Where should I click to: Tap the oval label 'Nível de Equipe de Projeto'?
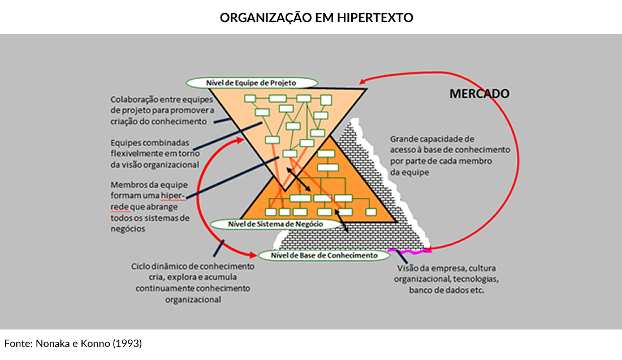pyautogui.click(x=249, y=83)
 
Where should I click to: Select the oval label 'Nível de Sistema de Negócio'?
pyautogui.click(x=275, y=224)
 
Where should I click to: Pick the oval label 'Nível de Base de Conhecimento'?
pyautogui.click(x=324, y=255)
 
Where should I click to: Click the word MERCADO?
pyautogui.click(x=479, y=94)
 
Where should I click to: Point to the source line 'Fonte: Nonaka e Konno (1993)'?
pyautogui.click(x=73, y=344)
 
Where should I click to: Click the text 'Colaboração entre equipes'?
pyautogui.click(x=162, y=100)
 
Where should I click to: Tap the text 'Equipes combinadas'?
pyautogui.click(x=150, y=143)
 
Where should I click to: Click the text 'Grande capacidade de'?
pyautogui.click(x=432, y=139)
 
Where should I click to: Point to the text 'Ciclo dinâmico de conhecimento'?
pyautogui.click(x=193, y=267)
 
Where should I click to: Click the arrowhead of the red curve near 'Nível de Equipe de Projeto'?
pyautogui.click(x=365, y=80)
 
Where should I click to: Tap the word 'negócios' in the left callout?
pyautogui.click(x=128, y=229)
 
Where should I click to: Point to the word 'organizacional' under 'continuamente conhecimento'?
pyautogui.click(x=193, y=300)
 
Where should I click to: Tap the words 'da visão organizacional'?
pyautogui.click(x=154, y=165)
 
